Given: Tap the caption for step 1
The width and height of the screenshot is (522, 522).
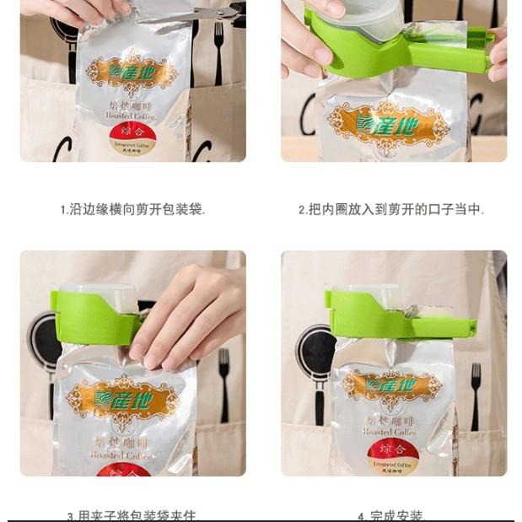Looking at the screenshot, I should [x=132, y=209].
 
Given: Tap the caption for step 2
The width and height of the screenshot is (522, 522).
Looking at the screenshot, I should [x=391, y=209].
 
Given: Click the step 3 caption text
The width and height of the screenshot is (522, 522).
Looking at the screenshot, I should [x=133, y=514].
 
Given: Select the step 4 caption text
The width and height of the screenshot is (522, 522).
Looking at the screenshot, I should [x=391, y=514].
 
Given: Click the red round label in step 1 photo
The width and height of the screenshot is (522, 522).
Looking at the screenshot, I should [x=132, y=140].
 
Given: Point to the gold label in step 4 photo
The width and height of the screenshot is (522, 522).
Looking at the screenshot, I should [x=391, y=385].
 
